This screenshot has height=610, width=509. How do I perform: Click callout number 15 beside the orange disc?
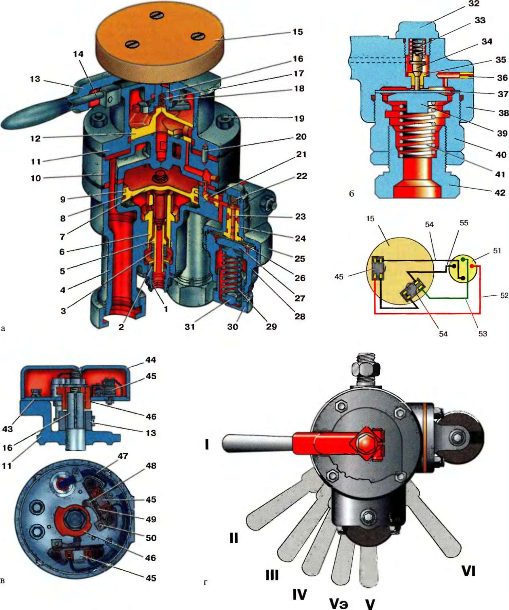click(x=298, y=32)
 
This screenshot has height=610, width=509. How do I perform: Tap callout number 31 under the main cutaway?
click(x=189, y=327)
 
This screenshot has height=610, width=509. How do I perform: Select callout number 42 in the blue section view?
click(x=500, y=193)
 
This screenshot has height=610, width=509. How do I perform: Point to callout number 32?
click(x=474, y=4)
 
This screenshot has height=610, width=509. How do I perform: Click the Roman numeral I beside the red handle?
click(x=207, y=444)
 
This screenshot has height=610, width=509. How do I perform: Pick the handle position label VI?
click(x=468, y=571)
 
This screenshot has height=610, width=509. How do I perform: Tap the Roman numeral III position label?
click(x=272, y=575)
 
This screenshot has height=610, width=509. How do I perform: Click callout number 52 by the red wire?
click(x=504, y=295)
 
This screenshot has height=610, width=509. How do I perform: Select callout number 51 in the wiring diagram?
click(x=497, y=250)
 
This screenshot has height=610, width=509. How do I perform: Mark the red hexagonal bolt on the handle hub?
click(x=365, y=444)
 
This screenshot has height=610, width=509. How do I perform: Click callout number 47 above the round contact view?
click(x=123, y=456)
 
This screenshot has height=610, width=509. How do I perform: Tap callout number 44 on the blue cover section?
click(x=151, y=360)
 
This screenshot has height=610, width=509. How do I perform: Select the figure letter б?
click(x=351, y=194)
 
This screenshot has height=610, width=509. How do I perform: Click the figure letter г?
click(x=205, y=582)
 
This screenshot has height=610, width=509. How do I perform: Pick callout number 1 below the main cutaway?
click(x=166, y=309)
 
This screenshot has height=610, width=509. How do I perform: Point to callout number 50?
click(x=151, y=538)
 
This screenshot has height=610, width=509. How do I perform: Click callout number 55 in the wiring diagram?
click(x=464, y=223)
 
